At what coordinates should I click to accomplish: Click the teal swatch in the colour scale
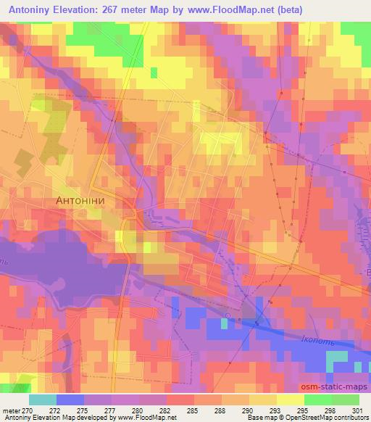pos(43,400)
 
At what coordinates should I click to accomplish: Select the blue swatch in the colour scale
pos(70,400)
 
